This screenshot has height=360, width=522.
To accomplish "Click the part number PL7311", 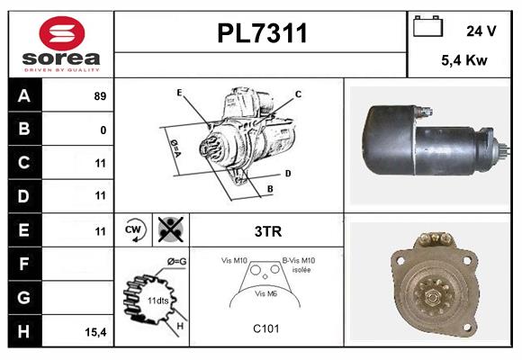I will click(262, 33).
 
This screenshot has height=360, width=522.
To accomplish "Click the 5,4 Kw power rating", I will click(464, 62).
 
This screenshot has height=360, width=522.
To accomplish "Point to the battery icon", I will click(427, 27).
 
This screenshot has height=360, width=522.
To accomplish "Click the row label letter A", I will click(23, 96).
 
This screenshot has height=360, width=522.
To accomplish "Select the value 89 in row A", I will click(100, 96).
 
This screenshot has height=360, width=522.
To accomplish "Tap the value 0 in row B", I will click(103, 130).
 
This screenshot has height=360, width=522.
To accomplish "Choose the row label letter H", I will click(23, 331).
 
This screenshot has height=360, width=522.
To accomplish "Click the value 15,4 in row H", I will click(96, 332).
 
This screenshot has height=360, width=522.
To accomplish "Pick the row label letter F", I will click(23, 265).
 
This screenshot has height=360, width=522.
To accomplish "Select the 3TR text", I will click(267, 231).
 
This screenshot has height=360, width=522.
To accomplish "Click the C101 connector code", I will click(266, 328).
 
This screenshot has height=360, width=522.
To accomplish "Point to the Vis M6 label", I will click(266, 293).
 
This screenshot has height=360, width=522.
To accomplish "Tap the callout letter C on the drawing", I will click(298, 94).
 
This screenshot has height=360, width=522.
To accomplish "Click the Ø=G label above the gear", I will click(175, 262).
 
